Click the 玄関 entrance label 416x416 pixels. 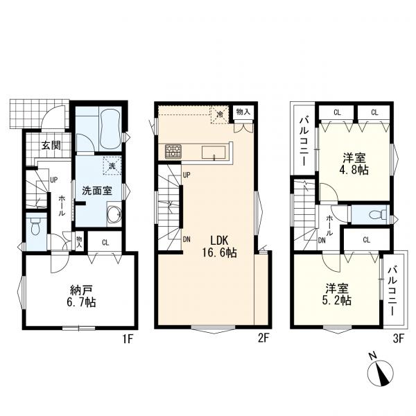point(51,145)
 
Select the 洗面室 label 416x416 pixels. point(97,191)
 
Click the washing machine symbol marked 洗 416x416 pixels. point(112,166)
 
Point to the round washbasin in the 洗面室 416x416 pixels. point(114,214)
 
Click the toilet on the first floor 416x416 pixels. point(35,226)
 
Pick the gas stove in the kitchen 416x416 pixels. point(173,152)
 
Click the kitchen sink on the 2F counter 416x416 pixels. point(214,153)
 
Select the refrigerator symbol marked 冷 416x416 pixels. point(219,114)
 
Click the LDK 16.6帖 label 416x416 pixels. point(219,247)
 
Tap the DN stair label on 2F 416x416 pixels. point(187,239)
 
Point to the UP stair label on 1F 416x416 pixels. point(53,180)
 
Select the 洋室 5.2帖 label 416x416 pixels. point(338,294)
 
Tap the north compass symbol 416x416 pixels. point(381,372)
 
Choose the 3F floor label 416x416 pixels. point(398,339)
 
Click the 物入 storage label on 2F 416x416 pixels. point(243,112)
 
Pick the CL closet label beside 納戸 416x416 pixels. point(105,243)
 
